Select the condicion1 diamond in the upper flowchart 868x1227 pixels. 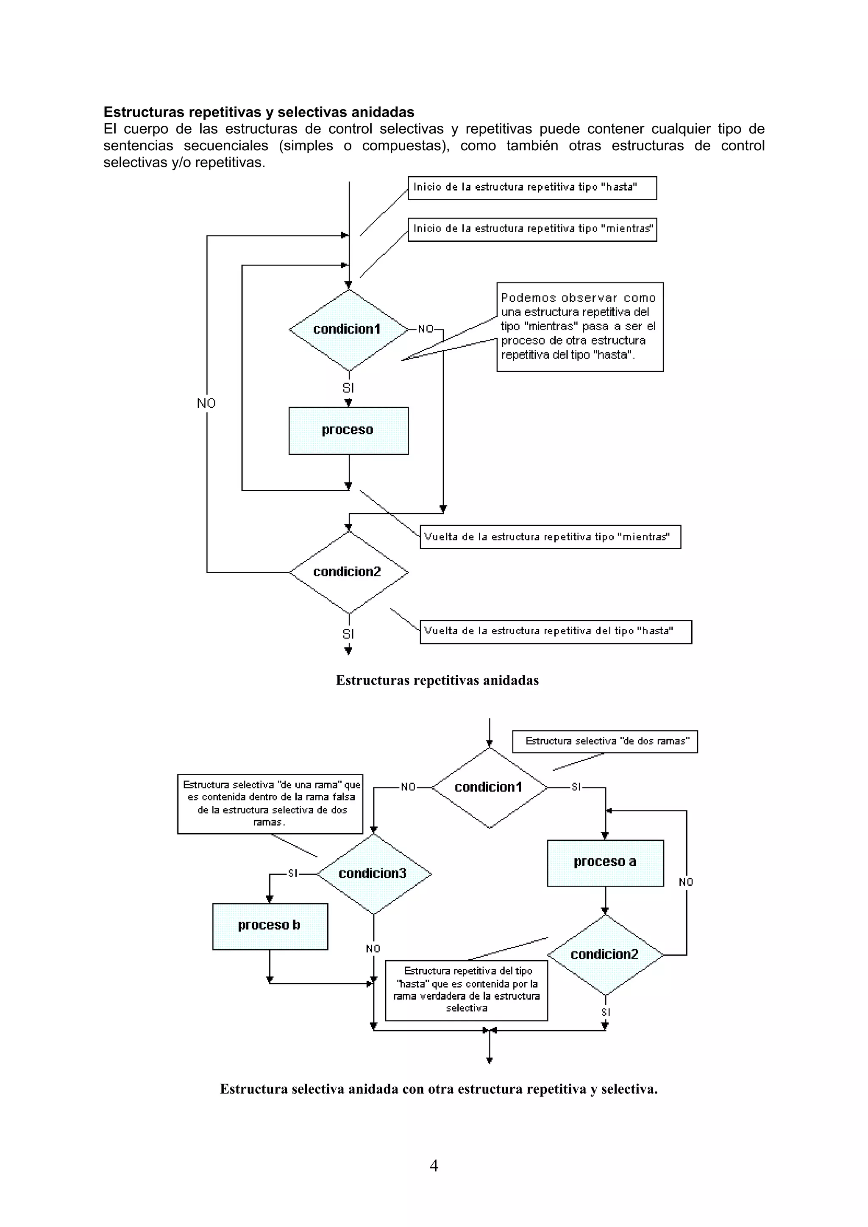(348, 330)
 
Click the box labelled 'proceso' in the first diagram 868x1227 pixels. (348, 431)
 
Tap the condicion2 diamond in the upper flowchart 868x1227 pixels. (348, 572)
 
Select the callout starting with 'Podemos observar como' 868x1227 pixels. (579, 326)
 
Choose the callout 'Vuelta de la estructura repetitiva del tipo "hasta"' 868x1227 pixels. (555, 632)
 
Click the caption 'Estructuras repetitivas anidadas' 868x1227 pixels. (437, 680)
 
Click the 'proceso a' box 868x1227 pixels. (605, 862)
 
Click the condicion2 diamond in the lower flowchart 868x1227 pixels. (605, 954)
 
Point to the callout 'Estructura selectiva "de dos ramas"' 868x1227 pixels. (604, 741)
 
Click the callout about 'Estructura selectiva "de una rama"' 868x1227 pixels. (270, 804)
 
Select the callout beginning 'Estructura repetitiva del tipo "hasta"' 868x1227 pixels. (466, 990)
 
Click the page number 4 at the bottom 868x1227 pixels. (434, 1166)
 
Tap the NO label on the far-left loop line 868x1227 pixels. (206, 403)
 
